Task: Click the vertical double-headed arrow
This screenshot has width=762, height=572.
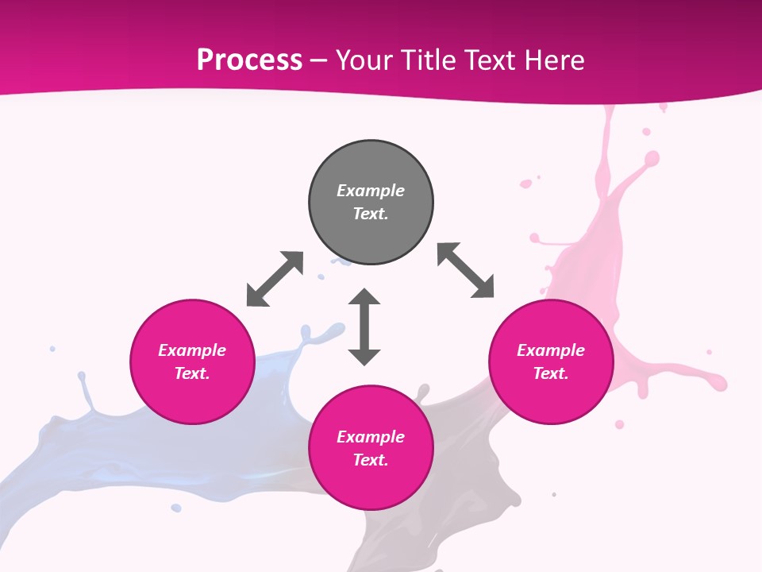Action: pyautogui.click(x=364, y=327)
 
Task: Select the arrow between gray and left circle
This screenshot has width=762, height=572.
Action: pyautogui.click(x=275, y=279)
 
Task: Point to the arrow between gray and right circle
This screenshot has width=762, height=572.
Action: pyautogui.click(x=465, y=270)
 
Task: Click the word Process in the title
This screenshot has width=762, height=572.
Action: pyautogui.click(x=249, y=60)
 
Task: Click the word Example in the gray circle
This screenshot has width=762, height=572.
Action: pyautogui.click(x=371, y=191)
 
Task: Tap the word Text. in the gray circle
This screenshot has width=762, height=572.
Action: pyautogui.click(x=371, y=214)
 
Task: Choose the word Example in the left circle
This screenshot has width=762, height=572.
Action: pyautogui.click(x=192, y=350)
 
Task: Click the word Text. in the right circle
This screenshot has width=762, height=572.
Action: pyautogui.click(x=551, y=373)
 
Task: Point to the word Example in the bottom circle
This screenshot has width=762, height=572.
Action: pyautogui.click(x=371, y=437)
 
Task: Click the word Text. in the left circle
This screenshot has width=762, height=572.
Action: pyautogui.click(x=192, y=373)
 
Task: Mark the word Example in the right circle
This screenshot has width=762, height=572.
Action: pyautogui.click(x=551, y=350)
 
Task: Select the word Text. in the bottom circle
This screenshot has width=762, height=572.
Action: pyautogui.click(x=371, y=460)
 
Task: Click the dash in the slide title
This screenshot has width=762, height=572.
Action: pyautogui.click(x=319, y=60)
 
